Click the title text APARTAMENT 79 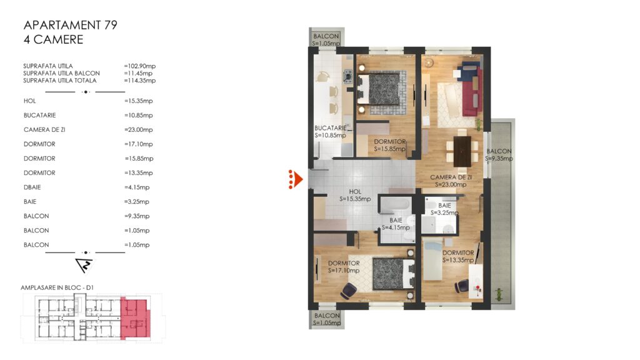point(70,25)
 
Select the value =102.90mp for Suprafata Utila point(139,66)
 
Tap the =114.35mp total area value point(139,81)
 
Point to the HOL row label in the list point(30,101)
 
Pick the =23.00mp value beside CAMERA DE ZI point(138,130)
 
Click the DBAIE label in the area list point(32,187)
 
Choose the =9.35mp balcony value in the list point(137,216)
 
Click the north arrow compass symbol point(84,265)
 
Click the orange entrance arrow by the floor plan point(296,179)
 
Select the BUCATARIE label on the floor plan point(330,128)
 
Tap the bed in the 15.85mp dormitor point(378,89)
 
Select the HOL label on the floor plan point(355,191)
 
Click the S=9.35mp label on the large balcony point(499,158)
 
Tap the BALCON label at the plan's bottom point(327,316)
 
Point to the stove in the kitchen point(347,76)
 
